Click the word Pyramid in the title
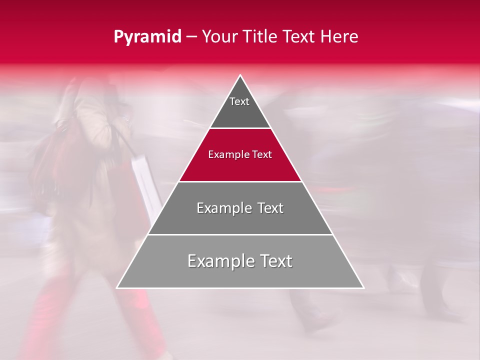click(147, 37)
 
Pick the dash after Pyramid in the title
click(191, 37)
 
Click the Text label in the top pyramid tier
click(239, 101)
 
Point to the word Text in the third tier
click(270, 208)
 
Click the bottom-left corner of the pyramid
click(117, 287)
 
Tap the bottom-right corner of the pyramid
click(363, 287)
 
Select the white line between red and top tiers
click(240, 128)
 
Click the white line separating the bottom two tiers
click(240, 234)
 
